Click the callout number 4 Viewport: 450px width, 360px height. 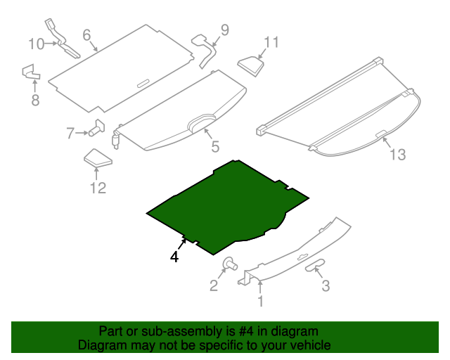(174, 257)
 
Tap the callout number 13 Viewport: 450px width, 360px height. (397, 155)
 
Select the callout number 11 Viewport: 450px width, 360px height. (271, 42)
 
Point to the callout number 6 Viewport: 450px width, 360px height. (86, 34)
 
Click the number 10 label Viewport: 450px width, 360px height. (36, 44)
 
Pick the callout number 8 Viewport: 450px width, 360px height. (35, 101)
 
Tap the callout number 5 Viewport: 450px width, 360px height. (215, 147)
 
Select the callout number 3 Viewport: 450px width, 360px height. (325, 285)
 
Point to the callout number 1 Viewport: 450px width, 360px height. (260, 302)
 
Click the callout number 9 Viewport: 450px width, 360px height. (224, 30)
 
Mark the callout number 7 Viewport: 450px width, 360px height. (71, 133)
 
